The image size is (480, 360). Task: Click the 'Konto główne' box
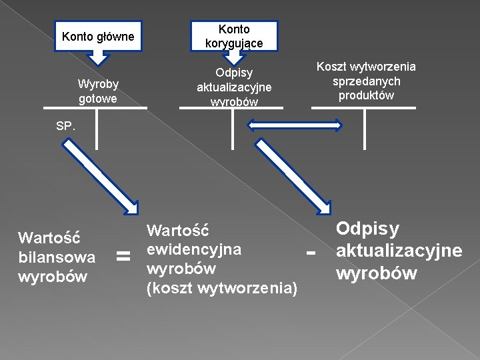(x=98, y=37)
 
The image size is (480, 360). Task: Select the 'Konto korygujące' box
(x=234, y=36)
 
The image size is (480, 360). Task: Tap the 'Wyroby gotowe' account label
(x=97, y=91)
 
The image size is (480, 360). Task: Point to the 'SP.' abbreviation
(x=65, y=125)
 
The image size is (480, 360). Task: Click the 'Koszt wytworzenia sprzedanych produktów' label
(x=365, y=81)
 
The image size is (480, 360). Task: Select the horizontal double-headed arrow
(x=294, y=125)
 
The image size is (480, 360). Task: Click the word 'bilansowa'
(x=57, y=257)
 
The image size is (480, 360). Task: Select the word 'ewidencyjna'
(x=194, y=249)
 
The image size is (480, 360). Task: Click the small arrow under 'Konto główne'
(x=98, y=59)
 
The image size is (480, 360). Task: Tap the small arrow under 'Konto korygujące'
(x=233, y=59)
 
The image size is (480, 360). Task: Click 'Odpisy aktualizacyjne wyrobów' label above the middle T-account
(x=234, y=87)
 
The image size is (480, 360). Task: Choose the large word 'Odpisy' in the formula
(x=368, y=229)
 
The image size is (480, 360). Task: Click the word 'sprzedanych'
(x=366, y=81)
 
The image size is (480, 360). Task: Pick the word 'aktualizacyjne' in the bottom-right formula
(x=399, y=251)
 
